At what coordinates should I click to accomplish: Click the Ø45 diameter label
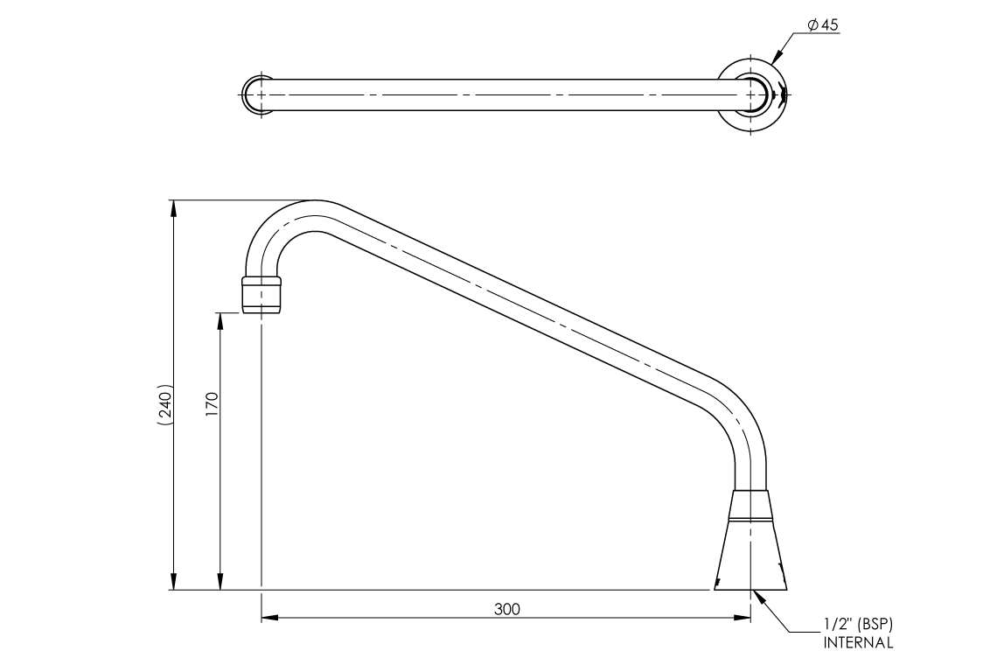click(823, 26)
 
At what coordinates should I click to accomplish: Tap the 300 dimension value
click(506, 609)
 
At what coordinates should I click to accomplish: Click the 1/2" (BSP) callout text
click(857, 625)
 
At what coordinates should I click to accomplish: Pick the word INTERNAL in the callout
click(857, 643)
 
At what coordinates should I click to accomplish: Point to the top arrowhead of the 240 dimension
click(174, 207)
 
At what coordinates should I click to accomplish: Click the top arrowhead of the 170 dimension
click(220, 319)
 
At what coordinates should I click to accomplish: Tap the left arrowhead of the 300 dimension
click(268, 619)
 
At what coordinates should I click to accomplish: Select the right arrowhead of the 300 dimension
click(743, 619)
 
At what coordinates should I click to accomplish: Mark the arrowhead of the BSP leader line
click(756, 596)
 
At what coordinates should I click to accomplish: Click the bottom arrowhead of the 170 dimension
click(220, 584)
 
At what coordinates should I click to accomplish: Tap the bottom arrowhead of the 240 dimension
click(174, 584)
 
